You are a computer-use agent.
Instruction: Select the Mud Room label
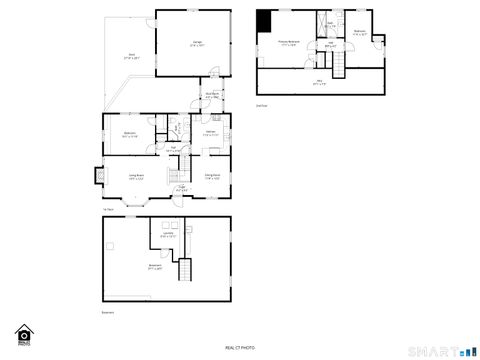(x=213, y=97)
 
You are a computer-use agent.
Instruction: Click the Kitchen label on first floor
(x=211, y=133)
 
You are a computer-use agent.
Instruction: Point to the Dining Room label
(x=213, y=176)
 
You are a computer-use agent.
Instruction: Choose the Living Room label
(x=137, y=176)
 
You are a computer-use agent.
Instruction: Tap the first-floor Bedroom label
(x=129, y=133)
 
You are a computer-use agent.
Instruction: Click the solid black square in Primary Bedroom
(x=265, y=20)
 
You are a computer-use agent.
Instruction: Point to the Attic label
(x=319, y=82)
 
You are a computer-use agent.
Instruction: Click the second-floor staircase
(x=339, y=65)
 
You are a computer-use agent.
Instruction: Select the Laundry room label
(x=167, y=236)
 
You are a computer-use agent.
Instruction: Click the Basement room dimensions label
(x=155, y=268)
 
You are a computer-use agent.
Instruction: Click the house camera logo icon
(x=24, y=334)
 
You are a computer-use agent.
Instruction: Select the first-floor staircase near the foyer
(x=169, y=160)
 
